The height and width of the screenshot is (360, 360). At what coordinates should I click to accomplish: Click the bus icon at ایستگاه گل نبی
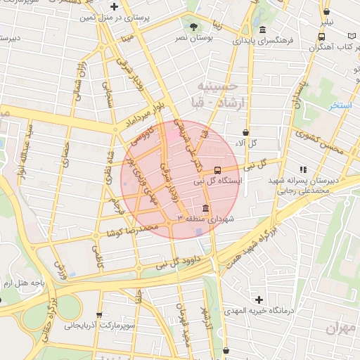tap(217, 169)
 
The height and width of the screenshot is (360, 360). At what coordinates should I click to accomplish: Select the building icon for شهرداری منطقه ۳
tap(205, 209)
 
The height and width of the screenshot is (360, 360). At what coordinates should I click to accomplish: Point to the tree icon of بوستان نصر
tap(192, 26)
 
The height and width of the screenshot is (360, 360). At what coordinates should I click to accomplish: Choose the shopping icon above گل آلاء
tap(245, 131)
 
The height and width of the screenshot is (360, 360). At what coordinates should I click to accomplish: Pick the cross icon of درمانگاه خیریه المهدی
tap(260, 300)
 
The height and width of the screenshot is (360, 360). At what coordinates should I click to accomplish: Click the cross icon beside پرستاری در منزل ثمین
tap(134, 6)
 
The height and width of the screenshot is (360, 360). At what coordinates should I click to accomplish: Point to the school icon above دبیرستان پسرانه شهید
tap(303, 169)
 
